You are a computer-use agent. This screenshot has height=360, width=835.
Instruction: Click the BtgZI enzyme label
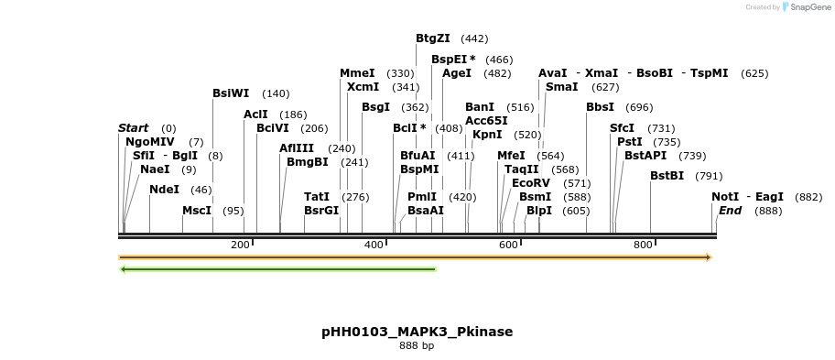tap(432, 38)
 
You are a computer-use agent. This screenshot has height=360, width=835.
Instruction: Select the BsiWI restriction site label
tap(231, 93)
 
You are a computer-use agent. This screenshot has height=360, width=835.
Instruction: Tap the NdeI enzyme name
tap(164, 190)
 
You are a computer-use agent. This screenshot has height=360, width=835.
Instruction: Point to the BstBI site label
tap(667, 176)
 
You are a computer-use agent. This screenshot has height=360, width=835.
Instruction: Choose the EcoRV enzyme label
tap(531, 183)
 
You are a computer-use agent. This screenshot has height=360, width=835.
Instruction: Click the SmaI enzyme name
tap(561, 87)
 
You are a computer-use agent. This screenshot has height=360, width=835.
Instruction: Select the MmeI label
tap(357, 73)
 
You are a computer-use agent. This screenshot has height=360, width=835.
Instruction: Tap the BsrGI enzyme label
tap(321, 210)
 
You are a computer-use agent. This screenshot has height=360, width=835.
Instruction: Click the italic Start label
tap(133, 128)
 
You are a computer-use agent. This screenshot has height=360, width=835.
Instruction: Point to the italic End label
tap(730, 211)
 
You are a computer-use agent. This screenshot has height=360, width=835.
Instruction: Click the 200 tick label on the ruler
tap(240, 245)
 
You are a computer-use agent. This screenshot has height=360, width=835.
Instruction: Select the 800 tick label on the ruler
tap(643, 245)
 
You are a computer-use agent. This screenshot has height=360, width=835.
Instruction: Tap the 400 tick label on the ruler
tap(374, 245)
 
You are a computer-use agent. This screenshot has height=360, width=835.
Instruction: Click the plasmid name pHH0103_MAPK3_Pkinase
tap(417, 332)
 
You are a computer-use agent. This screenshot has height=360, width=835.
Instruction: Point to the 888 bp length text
tap(417, 345)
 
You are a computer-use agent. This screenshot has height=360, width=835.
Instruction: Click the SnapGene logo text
tap(808, 7)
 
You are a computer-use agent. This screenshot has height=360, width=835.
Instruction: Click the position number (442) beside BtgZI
tap(474, 38)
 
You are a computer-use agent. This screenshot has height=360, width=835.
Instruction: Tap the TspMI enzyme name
tap(709, 73)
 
